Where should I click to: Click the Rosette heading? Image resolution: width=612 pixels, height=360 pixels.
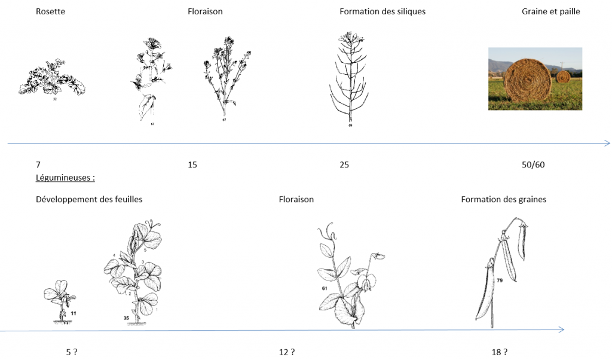(x=50, y=11)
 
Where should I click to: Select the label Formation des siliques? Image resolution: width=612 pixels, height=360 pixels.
(x=382, y=12)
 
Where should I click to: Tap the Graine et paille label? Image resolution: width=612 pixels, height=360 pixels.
(x=550, y=12)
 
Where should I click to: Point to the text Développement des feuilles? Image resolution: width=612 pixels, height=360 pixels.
(x=89, y=200)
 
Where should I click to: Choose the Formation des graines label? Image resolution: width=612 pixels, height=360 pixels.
(x=503, y=200)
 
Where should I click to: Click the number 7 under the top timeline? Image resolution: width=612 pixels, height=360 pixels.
(x=38, y=165)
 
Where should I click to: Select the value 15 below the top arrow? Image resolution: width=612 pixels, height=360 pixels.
(x=192, y=165)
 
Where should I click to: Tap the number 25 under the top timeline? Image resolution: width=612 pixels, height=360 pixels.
(x=344, y=165)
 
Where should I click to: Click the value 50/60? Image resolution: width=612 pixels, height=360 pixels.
(x=533, y=165)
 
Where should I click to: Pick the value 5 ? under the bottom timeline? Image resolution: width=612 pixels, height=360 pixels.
(x=72, y=352)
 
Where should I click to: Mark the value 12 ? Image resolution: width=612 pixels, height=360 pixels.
(x=287, y=352)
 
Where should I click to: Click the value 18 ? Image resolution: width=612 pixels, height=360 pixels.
(x=500, y=352)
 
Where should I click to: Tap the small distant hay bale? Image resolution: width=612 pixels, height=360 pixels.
(x=563, y=76)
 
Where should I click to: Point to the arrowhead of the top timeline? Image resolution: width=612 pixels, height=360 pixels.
(x=607, y=144)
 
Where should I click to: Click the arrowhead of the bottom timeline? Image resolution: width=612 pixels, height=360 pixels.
(x=562, y=330)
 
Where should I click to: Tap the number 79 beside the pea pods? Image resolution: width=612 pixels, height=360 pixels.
(x=500, y=280)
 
